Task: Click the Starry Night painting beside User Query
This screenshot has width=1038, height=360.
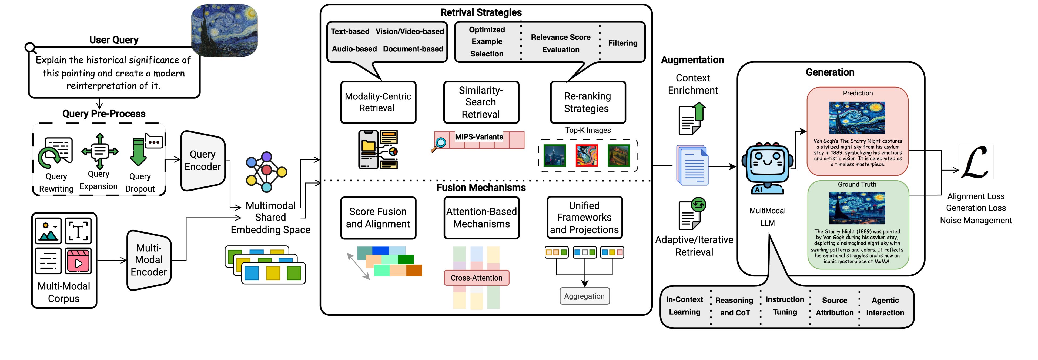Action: pos(225,30)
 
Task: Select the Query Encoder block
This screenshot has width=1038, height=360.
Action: pos(203,161)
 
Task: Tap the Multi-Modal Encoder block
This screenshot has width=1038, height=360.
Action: pos(149,260)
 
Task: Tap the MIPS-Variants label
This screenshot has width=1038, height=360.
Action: pos(479,137)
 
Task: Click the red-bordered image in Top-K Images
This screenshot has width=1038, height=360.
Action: pos(586,155)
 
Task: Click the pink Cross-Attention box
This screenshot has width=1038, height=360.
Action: pos(476,278)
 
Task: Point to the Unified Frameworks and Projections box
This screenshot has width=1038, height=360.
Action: pos(584,218)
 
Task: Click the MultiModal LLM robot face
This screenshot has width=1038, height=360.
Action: pos(767,163)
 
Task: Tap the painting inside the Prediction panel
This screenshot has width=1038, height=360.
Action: pos(857,118)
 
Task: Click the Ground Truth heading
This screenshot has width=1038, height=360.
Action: pos(857,185)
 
